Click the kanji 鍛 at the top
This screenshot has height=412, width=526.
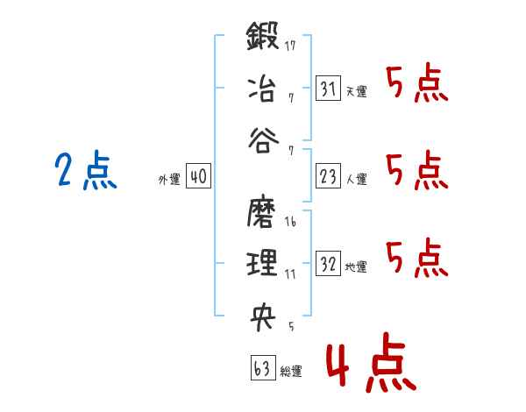[262, 36]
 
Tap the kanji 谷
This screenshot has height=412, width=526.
[264, 140]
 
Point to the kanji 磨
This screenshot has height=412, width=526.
[261, 212]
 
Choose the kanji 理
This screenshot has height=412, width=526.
[262, 262]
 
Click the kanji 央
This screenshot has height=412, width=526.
[263, 316]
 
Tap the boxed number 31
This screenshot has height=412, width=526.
[328, 89]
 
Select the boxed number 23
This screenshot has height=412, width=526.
[328, 176]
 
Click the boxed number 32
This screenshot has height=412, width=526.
[328, 263]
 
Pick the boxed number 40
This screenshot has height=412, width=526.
[198, 176]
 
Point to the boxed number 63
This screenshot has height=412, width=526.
[263, 367]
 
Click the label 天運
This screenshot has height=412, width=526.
[356, 91]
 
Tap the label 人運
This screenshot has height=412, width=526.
[356, 179]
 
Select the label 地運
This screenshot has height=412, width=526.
[356, 266]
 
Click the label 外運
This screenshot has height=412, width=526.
[169, 180]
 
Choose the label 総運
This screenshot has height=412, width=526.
[291, 371]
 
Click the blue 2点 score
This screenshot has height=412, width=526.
[86, 170]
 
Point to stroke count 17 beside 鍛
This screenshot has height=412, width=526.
[290, 46]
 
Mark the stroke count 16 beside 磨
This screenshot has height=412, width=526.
[290, 222]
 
